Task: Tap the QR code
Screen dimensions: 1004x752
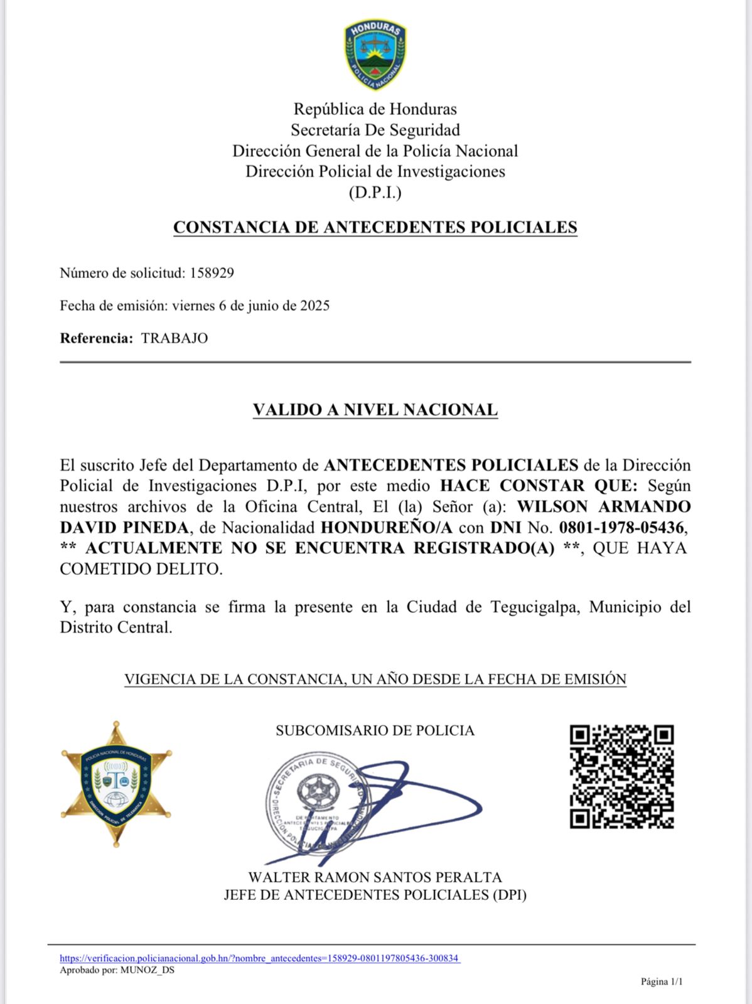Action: [621, 776]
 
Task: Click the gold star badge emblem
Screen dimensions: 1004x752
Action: [116, 784]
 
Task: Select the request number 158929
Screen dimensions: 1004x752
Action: [212, 273]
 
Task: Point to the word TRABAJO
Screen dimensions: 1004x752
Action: [175, 338]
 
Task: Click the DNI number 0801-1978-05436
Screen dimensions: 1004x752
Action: [621, 527]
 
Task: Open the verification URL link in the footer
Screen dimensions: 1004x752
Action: [260, 958]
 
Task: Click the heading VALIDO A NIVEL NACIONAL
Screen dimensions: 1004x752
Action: [375, 410]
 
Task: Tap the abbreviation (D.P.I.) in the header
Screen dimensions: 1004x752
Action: [375, 192]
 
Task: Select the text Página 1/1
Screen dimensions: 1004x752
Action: [661, 981]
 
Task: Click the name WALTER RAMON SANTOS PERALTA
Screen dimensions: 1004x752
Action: [375, 877]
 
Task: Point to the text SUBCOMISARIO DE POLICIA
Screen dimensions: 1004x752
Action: [375, 730]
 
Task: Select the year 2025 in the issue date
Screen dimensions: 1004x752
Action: [314, 306]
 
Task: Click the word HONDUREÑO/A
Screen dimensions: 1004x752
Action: [387, 527]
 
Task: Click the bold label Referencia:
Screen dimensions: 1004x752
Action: [96, 338]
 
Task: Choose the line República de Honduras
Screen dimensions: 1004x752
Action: [375, 109]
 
